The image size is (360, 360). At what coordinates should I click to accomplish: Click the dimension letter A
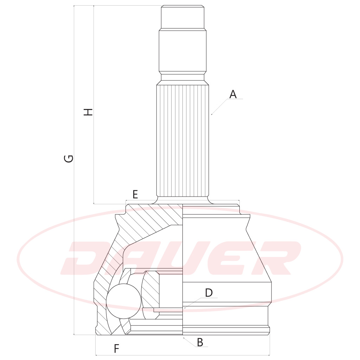coord(233,94)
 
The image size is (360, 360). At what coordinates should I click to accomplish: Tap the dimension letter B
coord(200,342)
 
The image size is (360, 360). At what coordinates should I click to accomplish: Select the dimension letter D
coord(209,293)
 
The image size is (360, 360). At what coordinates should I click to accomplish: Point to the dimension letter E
coord(135,194)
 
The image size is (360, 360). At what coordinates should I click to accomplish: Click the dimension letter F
coord(117,348)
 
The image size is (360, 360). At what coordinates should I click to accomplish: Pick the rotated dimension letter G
coord(69,159)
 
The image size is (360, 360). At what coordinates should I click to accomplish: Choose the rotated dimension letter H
coord(88,112)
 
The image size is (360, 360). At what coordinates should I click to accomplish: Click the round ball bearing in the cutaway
coord(124,301)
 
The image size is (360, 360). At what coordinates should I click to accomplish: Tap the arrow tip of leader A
coord(211,114)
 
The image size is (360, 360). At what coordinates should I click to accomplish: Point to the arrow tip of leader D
coord(184,307)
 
